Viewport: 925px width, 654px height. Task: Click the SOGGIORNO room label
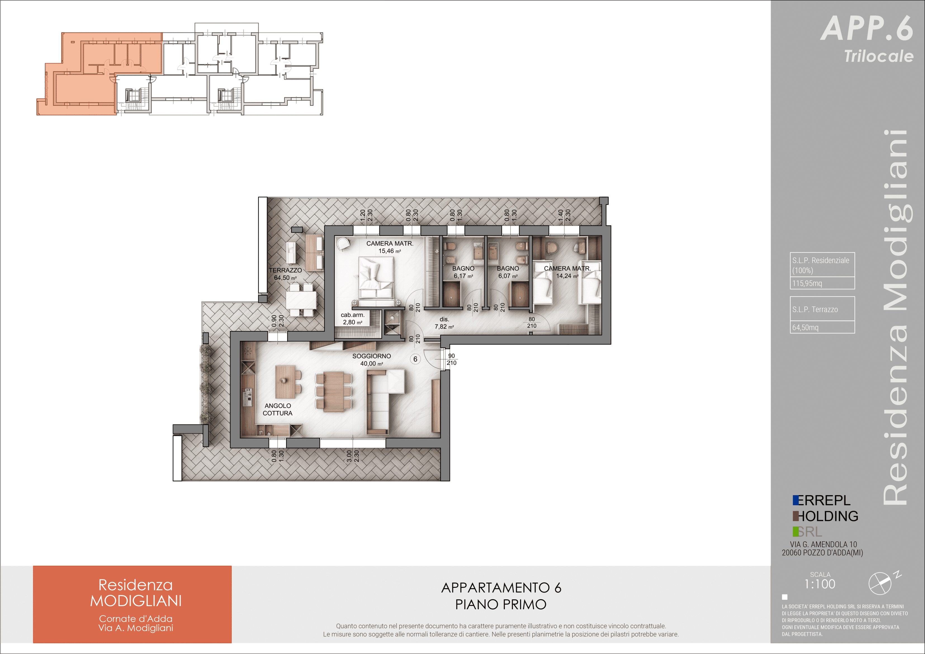(372, 356)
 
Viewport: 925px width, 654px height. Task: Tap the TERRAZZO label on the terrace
(285, 270)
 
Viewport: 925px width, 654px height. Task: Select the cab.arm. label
(353, 315)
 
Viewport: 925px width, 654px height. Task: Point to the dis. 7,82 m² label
(444, 323)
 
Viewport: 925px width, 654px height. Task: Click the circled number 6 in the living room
(415, 359)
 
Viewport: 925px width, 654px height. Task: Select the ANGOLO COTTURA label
(278, 409)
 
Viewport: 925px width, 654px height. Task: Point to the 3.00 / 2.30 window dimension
(353, 456)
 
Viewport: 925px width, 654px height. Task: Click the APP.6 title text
(867, 28)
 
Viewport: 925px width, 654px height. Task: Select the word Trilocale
(879, 56)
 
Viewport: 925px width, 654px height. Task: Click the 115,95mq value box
(822, 283)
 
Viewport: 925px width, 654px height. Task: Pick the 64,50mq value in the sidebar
(805, 327)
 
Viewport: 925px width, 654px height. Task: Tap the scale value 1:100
(820, 584)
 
